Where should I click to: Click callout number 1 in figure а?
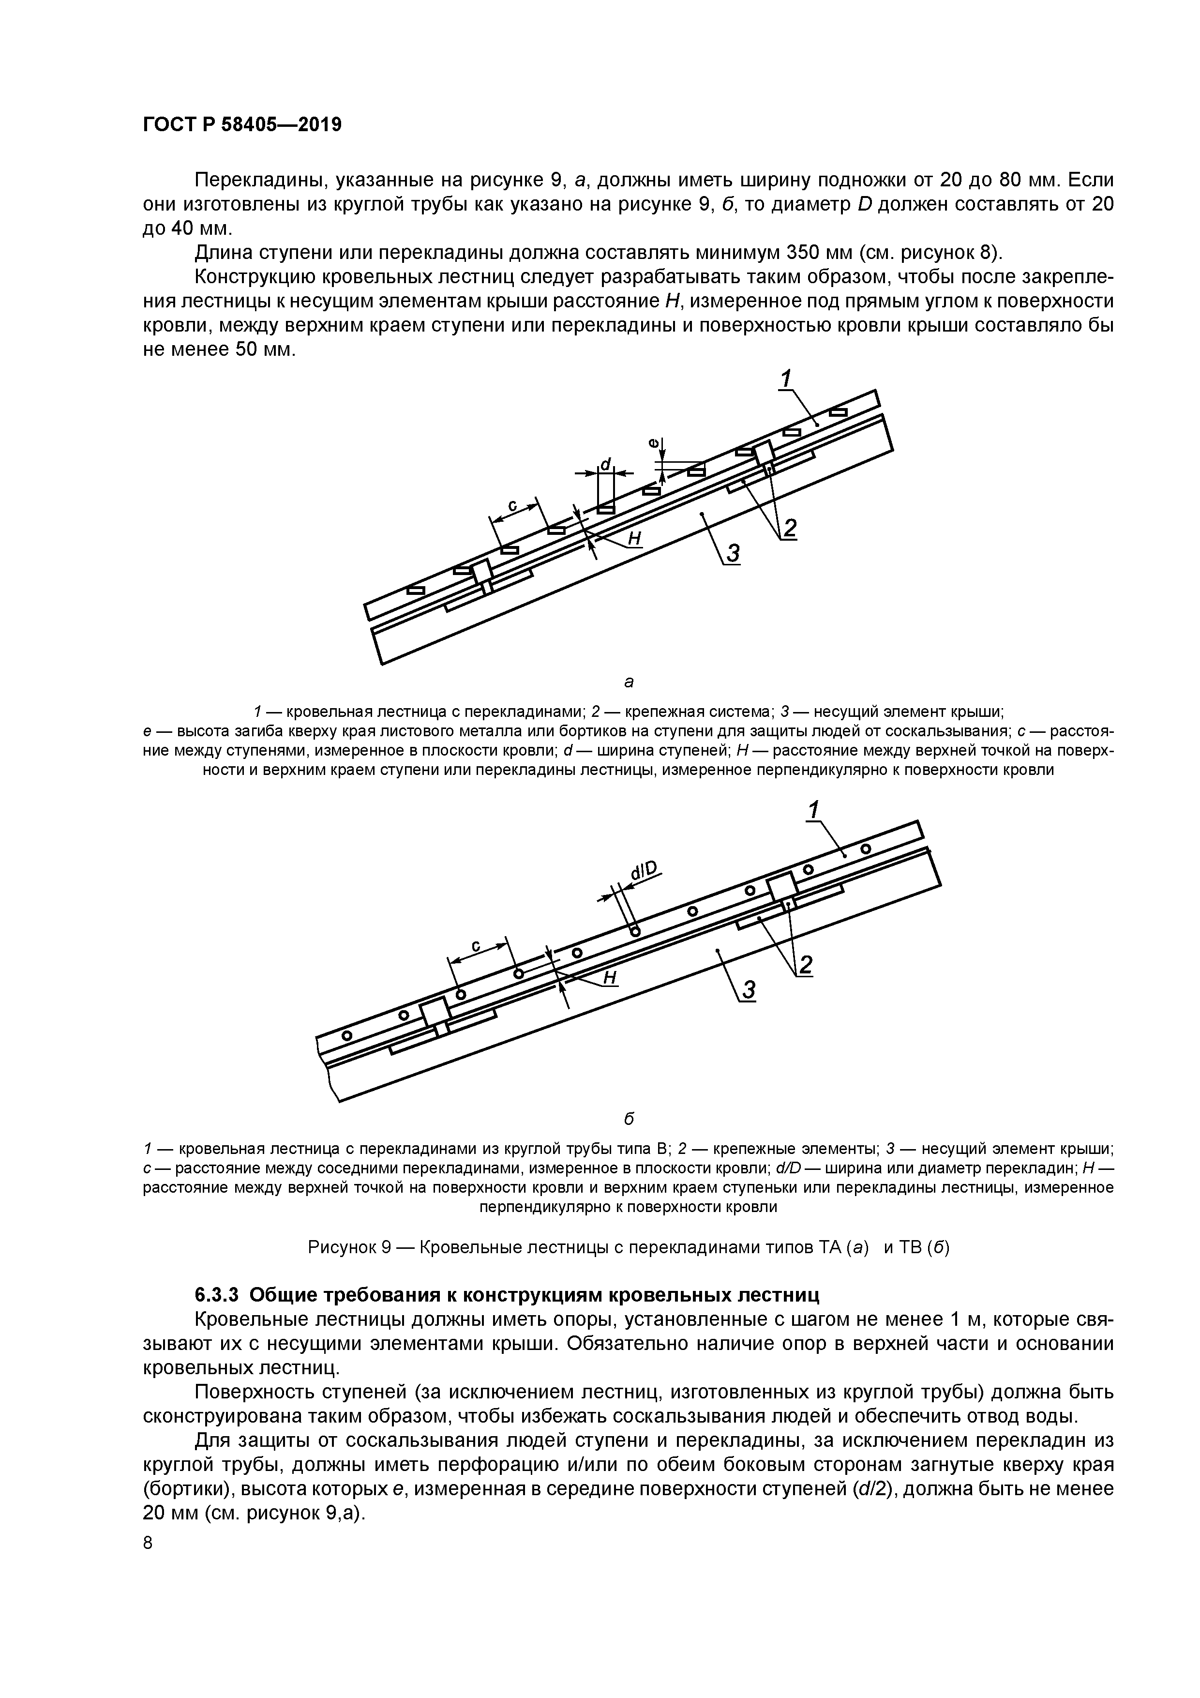coord(785,379)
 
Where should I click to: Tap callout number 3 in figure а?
coord(733,553)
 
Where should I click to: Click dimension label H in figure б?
coord(610,978)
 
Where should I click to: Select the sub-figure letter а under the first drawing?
coord(629,681)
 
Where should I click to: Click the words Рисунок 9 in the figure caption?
coord(349,1248)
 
